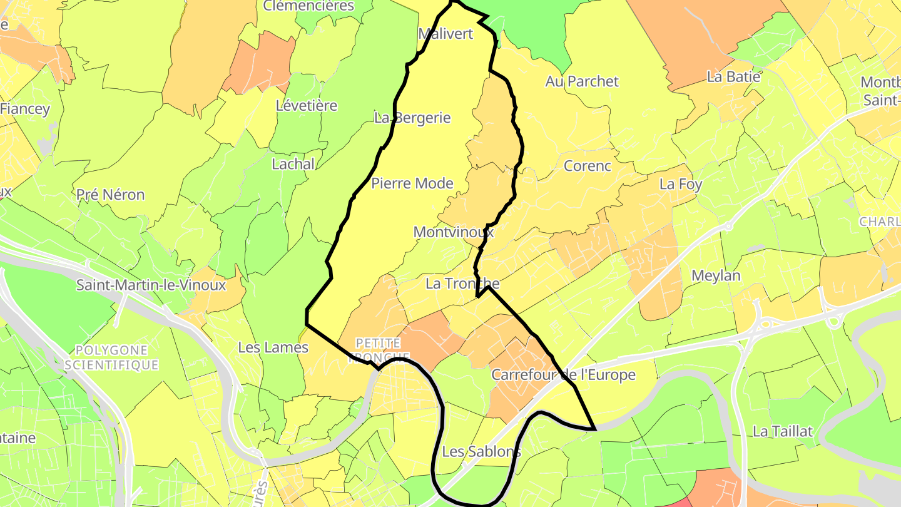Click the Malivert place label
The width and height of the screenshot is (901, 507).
point(445,34)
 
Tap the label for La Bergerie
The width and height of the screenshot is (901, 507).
point(412,118)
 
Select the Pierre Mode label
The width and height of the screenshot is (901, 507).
point(412,183)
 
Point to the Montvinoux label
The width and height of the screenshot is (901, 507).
point(454,232)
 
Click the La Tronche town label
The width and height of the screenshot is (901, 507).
point(462,283)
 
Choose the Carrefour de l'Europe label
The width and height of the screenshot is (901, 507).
point(563,375)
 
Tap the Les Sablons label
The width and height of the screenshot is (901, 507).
point(481,451)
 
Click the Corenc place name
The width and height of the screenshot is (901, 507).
point(587,166)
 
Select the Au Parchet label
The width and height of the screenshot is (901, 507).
point(582,81)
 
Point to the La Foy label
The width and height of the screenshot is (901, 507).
point(681,185)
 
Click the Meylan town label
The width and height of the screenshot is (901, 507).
point(716,276)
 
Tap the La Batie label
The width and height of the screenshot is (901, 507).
point(734,77)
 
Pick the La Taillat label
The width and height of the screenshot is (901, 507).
point(783,431)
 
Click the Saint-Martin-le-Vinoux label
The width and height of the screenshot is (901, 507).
point(151,285)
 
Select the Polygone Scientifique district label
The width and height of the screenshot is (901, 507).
point(111,357)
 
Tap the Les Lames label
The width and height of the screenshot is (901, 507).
point(273,347)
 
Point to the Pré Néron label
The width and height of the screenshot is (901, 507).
point(110,195)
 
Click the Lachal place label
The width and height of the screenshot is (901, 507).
point(293,164)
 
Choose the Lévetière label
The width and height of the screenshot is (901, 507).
point(307,106)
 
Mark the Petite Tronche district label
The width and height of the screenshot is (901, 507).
point(378,350)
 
